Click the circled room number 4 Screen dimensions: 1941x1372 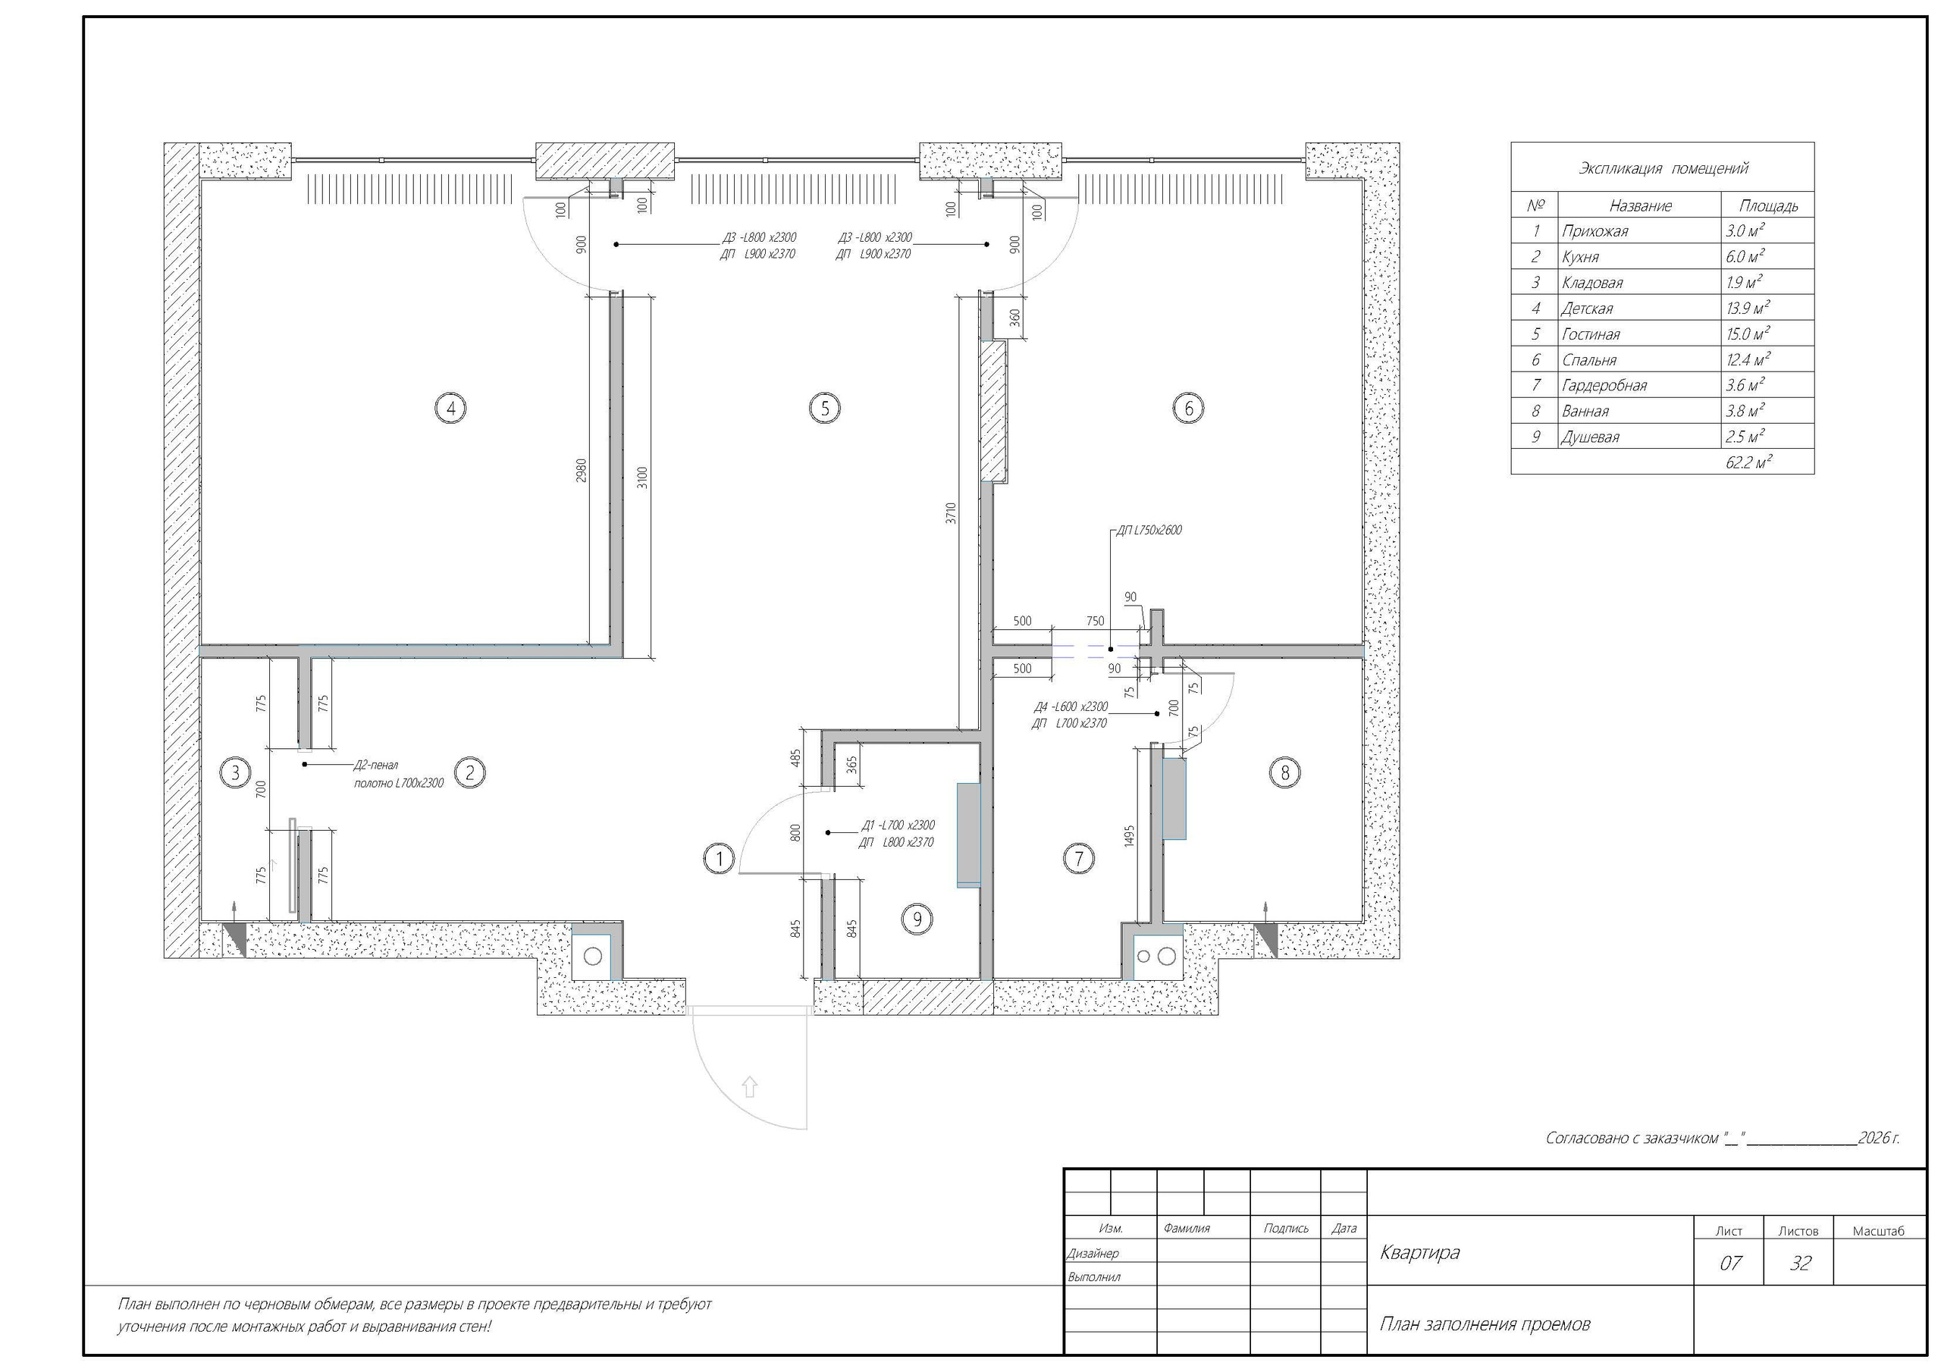450,409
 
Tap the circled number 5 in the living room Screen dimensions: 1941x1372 824,409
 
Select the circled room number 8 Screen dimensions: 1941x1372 1285,772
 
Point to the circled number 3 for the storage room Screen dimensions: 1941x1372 235,772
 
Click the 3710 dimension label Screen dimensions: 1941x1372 950,514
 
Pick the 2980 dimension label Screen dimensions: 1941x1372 581,471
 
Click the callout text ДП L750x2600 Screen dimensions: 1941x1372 1149,530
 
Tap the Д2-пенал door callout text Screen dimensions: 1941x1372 375,765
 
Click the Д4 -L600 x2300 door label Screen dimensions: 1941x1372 1071,706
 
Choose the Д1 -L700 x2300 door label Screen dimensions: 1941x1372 898,825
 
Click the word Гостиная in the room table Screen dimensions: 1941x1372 1590,334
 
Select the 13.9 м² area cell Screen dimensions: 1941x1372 1748,308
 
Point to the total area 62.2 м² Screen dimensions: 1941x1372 1748,462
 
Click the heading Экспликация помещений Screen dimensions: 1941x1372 1663,168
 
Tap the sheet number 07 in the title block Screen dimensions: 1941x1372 1730,1263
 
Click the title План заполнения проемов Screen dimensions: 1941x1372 1485,1323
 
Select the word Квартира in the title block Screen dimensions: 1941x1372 1419,1252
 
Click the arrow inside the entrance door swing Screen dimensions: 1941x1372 749,1086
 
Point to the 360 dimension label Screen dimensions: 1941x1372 1014,318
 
